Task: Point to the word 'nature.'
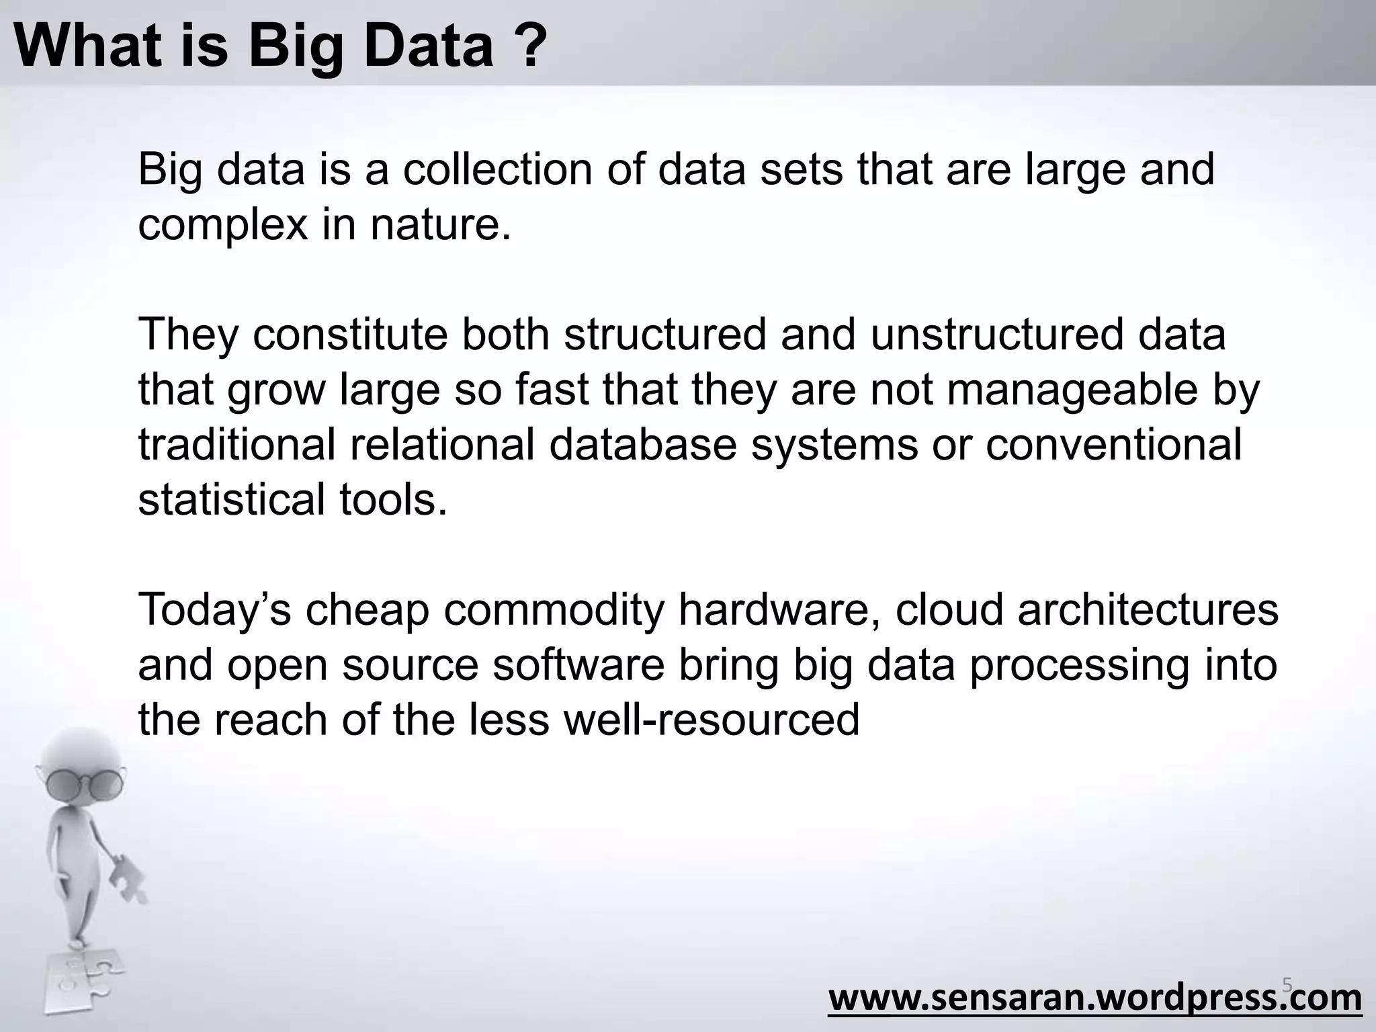pos(441,226)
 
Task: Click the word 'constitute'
pos(349,334)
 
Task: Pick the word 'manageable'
pos(1072,390)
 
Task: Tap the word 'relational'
pos(442,445)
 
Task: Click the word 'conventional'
pos(1113,445)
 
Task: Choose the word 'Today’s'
pos(214,609)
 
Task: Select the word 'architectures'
pos(1148,609)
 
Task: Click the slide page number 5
pos(1287,986)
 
